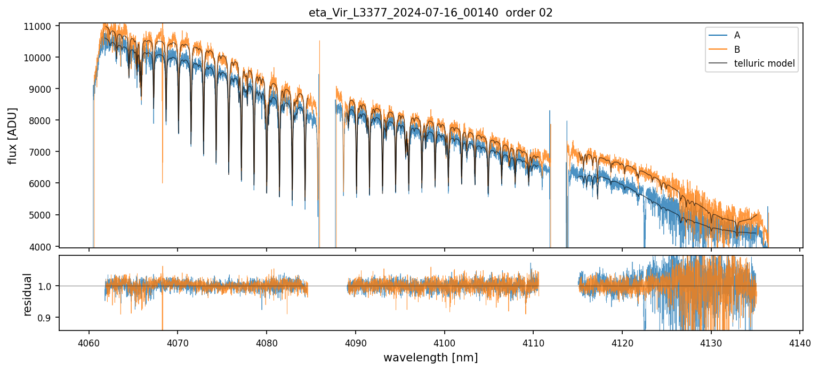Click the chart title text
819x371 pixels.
(x=430, y=13)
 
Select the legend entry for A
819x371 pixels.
(x=737, y=35)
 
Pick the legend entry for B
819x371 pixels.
(x=737, y=50)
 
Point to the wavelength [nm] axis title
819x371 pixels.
(x=430, y=357)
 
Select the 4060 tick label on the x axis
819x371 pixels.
(x=89, y=341)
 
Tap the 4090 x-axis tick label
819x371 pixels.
(x=355, y=341)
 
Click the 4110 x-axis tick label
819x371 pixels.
(x=533, y=341)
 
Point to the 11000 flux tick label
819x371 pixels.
(x=41, y=26)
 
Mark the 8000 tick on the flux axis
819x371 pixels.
(x=43, y=120)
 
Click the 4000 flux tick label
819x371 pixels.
(x=43, y=246)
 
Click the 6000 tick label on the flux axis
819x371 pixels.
(x=43, y=183)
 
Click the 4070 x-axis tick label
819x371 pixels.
(x=178, y=341)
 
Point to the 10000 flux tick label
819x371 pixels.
(x=41, y=58)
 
